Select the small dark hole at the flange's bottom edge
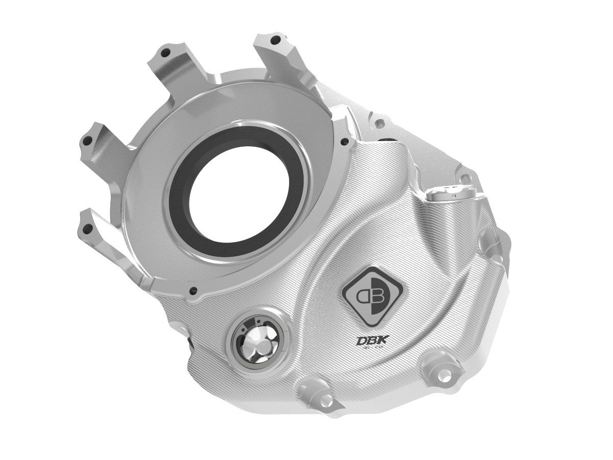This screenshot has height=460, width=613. click(193, 292)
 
